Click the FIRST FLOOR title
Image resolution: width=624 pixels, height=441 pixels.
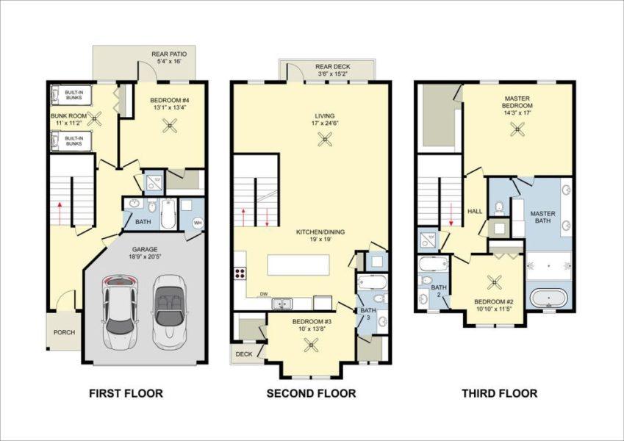pos(126,393)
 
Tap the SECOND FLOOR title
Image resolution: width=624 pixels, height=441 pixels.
pos(311,393)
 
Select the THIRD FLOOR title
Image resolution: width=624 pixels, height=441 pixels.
pos(499,393)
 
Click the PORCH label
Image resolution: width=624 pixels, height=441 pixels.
pos(64,332)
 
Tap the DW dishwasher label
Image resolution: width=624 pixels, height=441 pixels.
pos(262,294)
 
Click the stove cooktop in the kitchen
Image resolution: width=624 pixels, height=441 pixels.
pos(239,273)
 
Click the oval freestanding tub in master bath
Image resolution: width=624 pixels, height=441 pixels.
pos(550,299)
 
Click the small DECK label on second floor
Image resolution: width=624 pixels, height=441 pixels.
pos(243,354)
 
